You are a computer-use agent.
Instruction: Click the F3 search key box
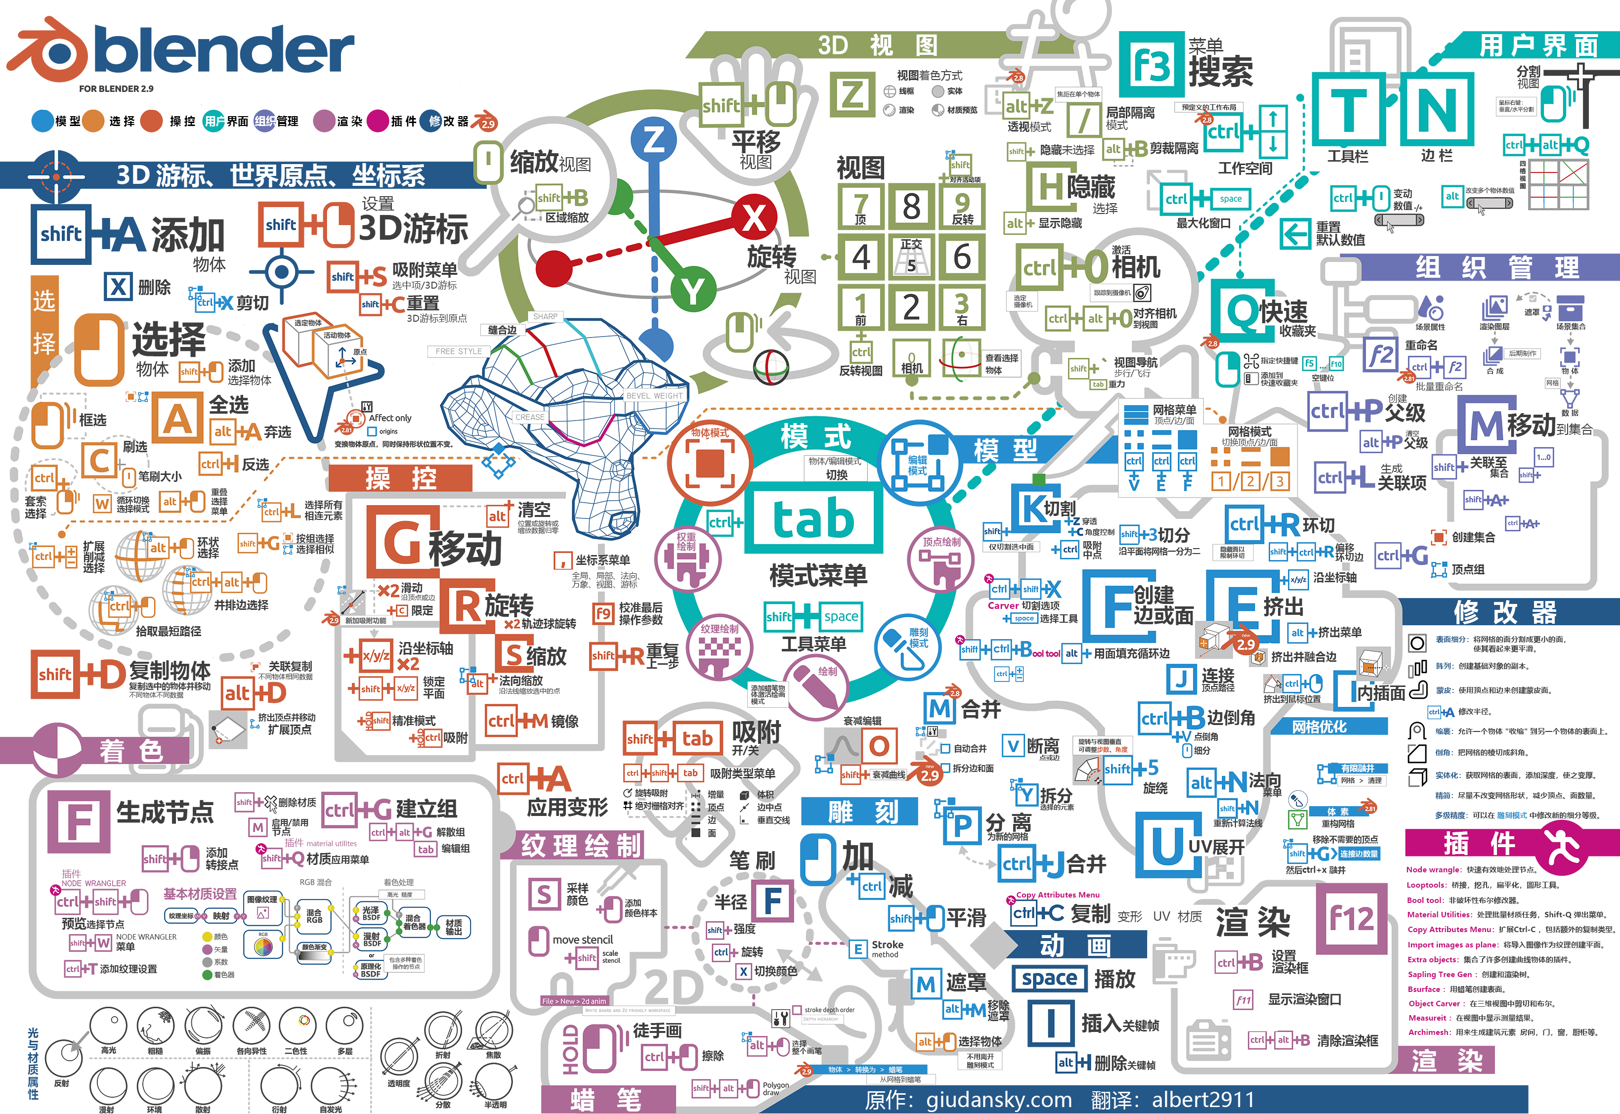tap(1151, 65)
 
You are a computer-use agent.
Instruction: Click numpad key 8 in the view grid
tap(911, 206)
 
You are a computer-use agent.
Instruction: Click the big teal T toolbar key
tap(1348, 110)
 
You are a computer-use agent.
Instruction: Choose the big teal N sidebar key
tap(1436, 110)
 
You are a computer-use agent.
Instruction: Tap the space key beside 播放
tap(1049, 979)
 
